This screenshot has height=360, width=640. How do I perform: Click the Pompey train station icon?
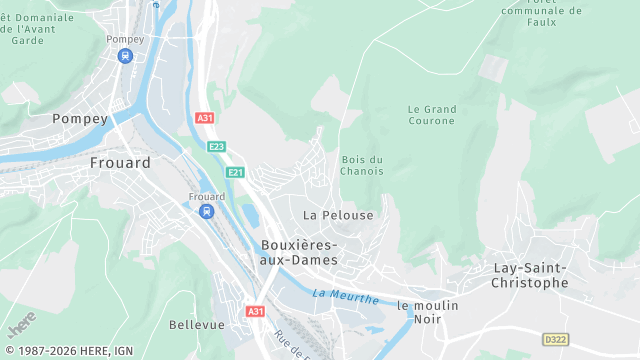124,56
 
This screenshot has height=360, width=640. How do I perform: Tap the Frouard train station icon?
206,212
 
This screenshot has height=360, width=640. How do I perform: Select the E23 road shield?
217,147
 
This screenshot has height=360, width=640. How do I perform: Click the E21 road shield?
236,173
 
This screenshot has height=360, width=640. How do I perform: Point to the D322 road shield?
555,339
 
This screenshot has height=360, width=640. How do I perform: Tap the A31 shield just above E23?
205,118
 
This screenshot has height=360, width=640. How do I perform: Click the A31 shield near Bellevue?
256,311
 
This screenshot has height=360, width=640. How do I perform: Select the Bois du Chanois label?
362,165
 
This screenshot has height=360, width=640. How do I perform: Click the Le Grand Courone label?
432,115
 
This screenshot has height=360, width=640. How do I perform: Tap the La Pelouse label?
338,215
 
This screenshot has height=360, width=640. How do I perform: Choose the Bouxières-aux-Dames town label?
299,252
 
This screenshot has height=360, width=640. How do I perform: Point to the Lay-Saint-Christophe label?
531,275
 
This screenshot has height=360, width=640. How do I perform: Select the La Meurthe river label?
345,296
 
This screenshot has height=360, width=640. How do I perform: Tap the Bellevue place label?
196,325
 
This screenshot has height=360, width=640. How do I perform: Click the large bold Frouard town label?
120,162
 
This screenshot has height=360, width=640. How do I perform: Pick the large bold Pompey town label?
80,118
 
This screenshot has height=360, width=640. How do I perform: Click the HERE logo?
21,325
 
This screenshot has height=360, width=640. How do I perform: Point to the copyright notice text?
69,351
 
